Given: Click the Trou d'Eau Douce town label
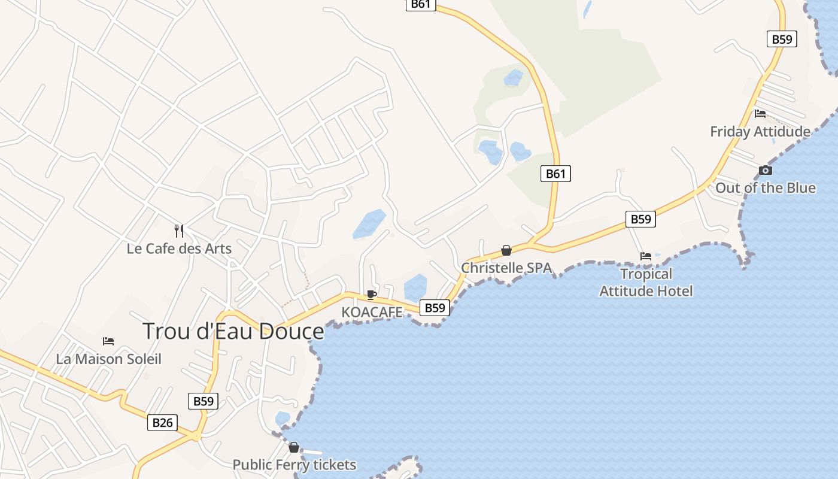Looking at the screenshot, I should point(233,331).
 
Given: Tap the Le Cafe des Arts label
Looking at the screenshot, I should point(179,248).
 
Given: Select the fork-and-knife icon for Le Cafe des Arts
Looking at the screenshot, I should point(178,231).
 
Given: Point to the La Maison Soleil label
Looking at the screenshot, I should point(108,359).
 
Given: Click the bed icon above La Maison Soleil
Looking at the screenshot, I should point(108,341).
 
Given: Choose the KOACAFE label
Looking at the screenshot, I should point(372,312).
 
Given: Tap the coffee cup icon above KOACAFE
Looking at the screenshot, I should point(371,295).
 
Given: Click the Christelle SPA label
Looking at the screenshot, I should point(506,268).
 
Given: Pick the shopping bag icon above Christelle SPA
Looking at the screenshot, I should point(506,250).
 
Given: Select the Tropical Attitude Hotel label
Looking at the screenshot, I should point(646,283).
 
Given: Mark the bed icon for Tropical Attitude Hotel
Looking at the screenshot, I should point(646,256).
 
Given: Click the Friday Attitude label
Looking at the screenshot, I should point(760,132).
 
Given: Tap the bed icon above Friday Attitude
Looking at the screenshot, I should point(760,114).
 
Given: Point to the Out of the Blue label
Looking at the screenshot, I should point(766,188).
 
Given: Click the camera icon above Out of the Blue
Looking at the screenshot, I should point(766,171).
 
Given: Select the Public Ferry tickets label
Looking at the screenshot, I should point(294,465).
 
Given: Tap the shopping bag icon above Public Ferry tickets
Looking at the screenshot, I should point(294,447).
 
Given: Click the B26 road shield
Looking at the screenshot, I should point(162,423).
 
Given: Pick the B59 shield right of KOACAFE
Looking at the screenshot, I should point(435,308).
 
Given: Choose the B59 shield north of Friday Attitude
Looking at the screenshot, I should point(782,40).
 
